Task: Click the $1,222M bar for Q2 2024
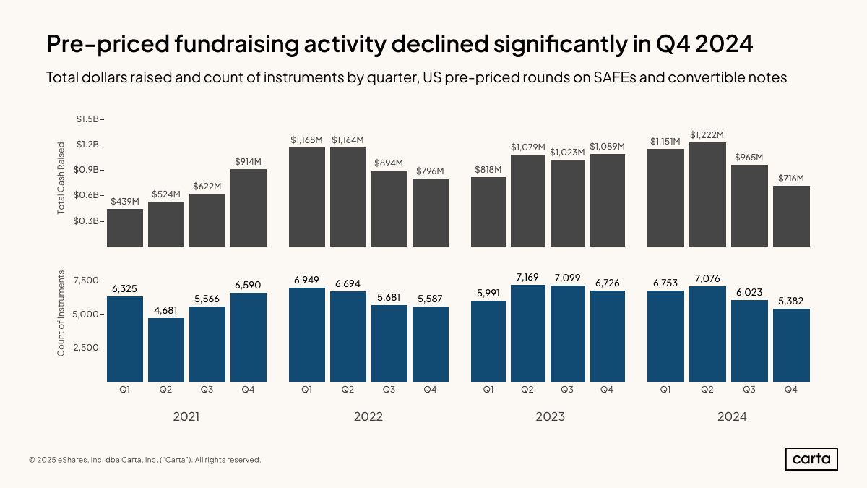pyautogui.click(x=707, y=194)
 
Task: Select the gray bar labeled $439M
pyautogui.click(x=125, y=228)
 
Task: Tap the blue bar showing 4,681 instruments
pyautogui.click(x=166, y=349)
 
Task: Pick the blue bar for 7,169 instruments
pyautogui.click(x=527, y=333)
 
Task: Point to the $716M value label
pyautogui.click(x=791, y=179)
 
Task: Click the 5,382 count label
pyautogui.click(x=791, y=301)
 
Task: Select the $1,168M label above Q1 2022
pyautogui.click(x=307, y=140)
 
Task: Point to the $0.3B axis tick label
pyautogui.click(x=87, y=221)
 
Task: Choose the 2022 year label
pyautogui.click(x=368, y=417)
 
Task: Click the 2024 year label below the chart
pyautogui.click(x=732, y=417)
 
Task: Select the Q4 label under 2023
pyautogui.click(x=606, y=390)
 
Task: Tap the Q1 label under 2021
pyautogui.click(x=125, y=390)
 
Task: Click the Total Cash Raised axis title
pyautogui.click(x=61, y=177)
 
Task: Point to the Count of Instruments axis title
pyautogui.click(x=61, y=313)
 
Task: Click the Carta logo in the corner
pyautogui.click(x=811, y=459)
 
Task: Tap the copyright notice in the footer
pyautogui.click(x=145, y=460)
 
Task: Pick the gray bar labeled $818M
pyautogui.click(x=489, y=211)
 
